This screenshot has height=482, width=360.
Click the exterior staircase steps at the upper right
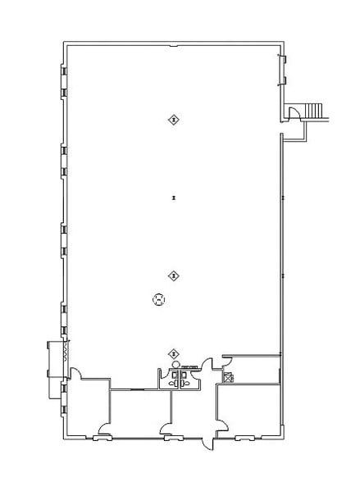pyautogui.click(x=315, y=111)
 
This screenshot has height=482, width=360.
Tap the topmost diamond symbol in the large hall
pyautogui.click(x=173, y=120)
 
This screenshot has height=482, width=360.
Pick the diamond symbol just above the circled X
pyautogui.click(x=173, y=275)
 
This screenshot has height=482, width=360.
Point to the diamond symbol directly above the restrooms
pyautogui.click(x=173, y=353)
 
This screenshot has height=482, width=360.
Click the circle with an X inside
pyautogui.click(x=159, y=300)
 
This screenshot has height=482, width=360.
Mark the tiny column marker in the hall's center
pyautogui.click(x=173, y=198)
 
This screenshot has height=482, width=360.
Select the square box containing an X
pyautogui.click(x=227, y=378)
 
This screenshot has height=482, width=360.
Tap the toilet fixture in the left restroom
pyautogui.click(x=172, y=381)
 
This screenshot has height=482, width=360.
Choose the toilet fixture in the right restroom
pyautogui.click(x=186, y=381)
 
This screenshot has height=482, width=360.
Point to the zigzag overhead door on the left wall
pyautogui.click(x=59, y=357)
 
